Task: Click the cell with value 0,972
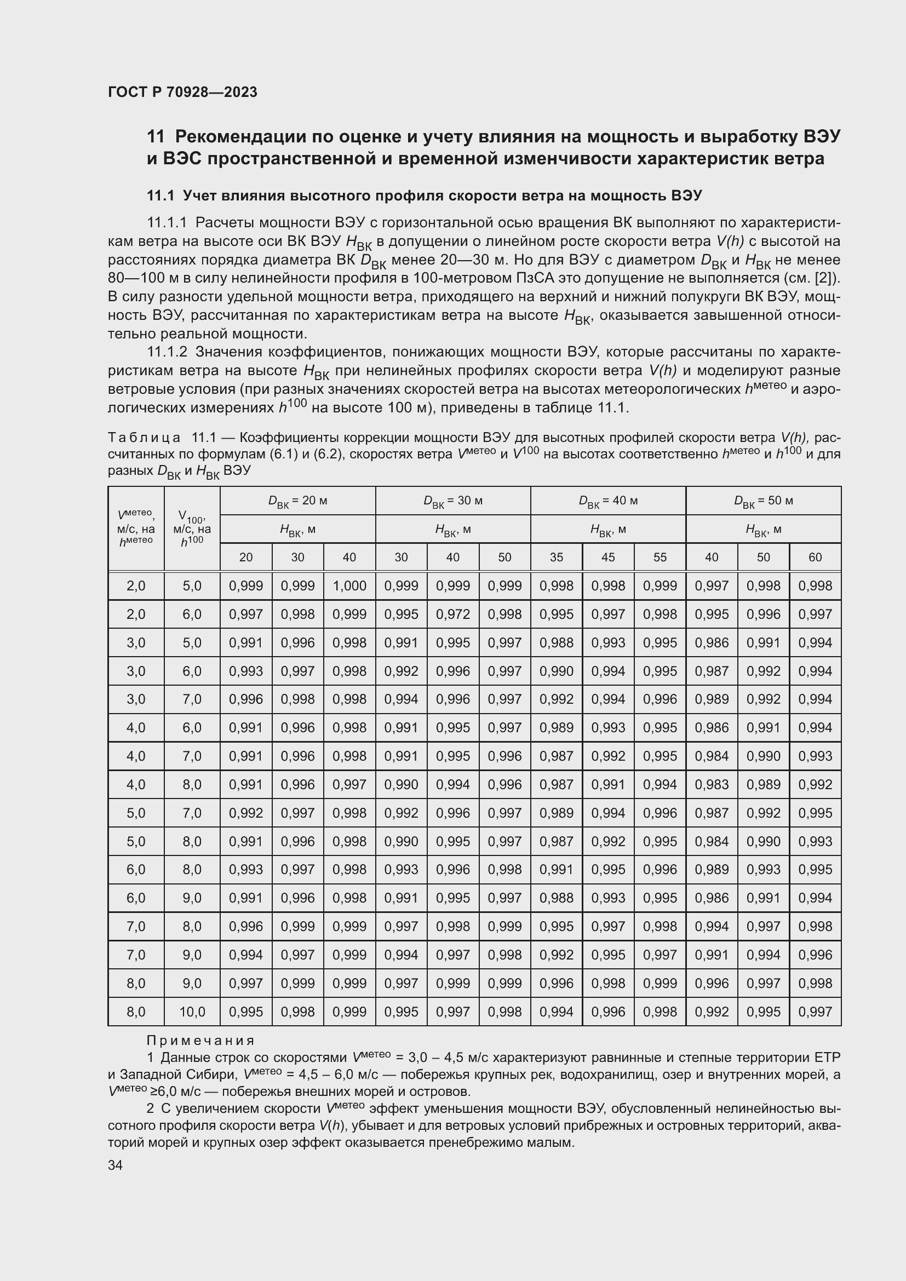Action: pos(452,614)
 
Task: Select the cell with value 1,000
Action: pos(349,586)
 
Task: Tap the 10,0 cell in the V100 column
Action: pos(192,1012)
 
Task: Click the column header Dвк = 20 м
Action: pos(297,501)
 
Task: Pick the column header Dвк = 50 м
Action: pos(763,501)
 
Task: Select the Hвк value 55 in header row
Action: pos(660,557)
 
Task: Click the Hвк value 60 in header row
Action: pos(815,557)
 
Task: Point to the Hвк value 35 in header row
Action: pos(556,557)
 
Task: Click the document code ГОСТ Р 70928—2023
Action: pos(182,92)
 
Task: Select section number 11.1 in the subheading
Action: pos(160,196)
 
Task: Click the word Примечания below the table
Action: pos(200,1041)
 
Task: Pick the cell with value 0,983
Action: pos(712,784)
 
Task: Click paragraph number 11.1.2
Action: pos(168,352)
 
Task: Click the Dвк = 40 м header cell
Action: pos(607,501)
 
